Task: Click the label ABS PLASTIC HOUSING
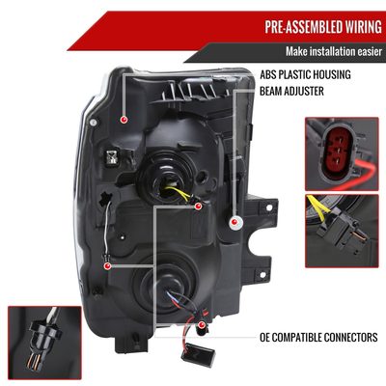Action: [x=305, y=74]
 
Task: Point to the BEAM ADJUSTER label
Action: [x=291, y=91]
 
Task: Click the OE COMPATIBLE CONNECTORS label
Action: [x=318, y=338]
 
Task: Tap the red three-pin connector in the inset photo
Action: [x=337, y=152]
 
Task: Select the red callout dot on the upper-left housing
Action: [x=124, y=120]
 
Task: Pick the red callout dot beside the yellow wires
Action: [x=198, y=206]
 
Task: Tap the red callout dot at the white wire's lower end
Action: [x=107, y=266]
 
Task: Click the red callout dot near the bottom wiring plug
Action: [x=202, y=324]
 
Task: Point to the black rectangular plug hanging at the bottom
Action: [x=197, y=354]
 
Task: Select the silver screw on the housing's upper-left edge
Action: [x=94, y=123]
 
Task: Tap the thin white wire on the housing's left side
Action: [x=106, y=225]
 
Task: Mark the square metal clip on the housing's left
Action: [x=112, y=156]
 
